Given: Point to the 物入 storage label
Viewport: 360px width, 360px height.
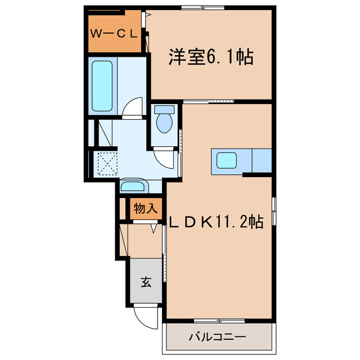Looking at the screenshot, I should point(145,209).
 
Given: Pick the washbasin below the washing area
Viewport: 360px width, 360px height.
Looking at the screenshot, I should point(133,186).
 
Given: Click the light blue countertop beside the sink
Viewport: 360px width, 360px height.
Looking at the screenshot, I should point(263,161).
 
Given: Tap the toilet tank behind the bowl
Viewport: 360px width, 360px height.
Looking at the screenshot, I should point(164,109).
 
